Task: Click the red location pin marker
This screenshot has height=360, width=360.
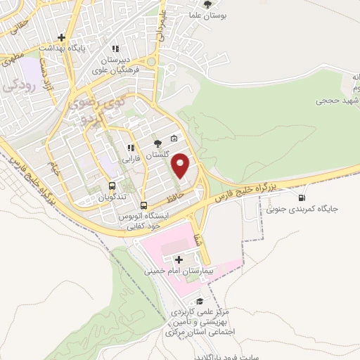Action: [x=181, y=166]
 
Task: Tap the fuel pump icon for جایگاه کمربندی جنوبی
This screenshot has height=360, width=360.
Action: [x=302, y=198]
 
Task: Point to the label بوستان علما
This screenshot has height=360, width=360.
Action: [x=206, y=14]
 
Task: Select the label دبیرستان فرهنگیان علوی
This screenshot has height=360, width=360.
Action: [x=124, y=60]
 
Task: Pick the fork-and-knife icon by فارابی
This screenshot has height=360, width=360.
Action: [x=130, y=148]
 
